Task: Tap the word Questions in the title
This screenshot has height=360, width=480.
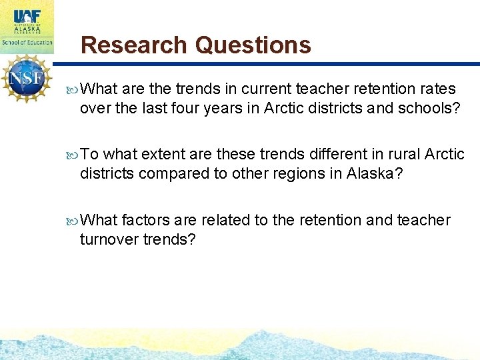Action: point(253,45)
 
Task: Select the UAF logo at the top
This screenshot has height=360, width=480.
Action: point(26,13)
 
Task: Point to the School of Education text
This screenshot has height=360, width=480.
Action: point(27,41)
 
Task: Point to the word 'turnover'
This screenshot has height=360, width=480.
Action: point(109,239)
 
